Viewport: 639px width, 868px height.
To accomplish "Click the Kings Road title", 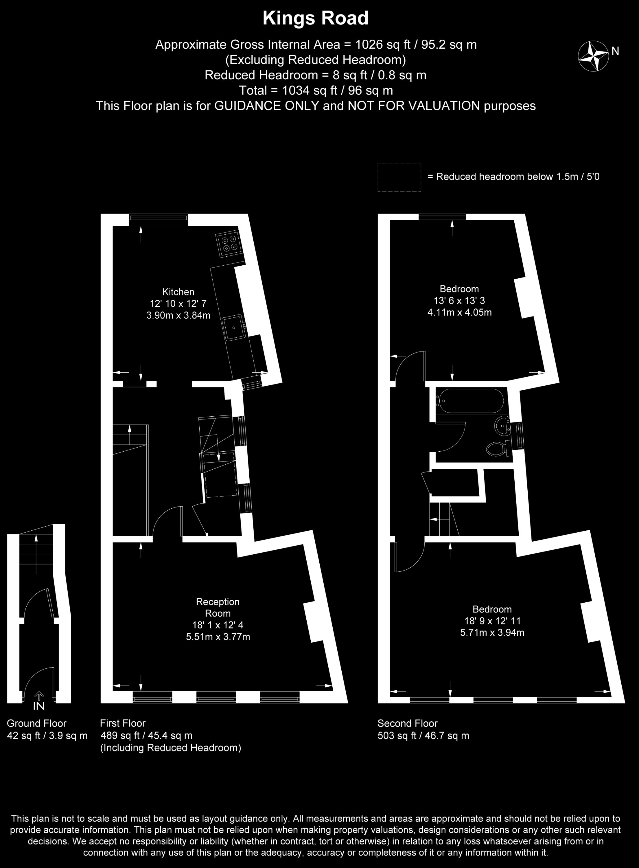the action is click(x=315, y=19).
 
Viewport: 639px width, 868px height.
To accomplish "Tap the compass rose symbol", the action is click(x=593, y=56).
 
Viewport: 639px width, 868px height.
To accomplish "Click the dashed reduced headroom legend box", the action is click(x=399, y=177).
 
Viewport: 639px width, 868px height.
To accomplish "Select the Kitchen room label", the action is click(x=178, y=292).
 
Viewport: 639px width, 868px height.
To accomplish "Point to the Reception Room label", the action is click(x=218, y=607).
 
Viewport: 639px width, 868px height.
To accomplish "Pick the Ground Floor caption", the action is click(x=37, y=723).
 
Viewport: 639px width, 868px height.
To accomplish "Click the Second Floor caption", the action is click(x=408, y=723).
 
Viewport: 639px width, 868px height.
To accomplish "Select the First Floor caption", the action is click(x=123, y=723).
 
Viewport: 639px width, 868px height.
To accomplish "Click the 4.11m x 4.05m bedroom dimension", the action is click(x=460, y=312).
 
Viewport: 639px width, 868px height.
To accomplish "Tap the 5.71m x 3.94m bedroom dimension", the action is click(x=492, y=632).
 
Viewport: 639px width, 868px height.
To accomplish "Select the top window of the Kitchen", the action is click(x=158, y=220).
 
